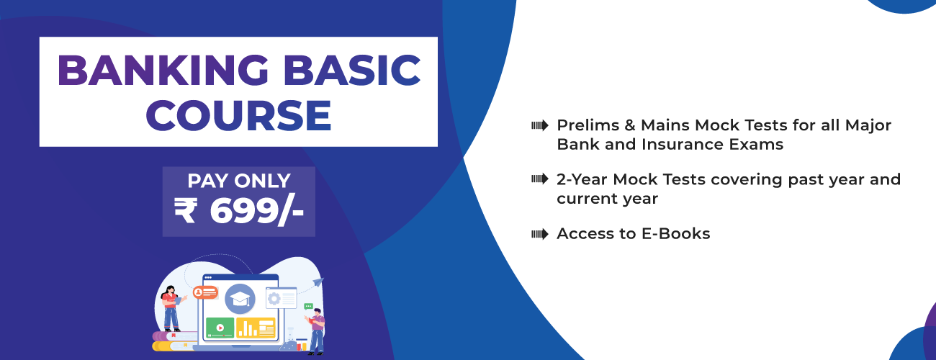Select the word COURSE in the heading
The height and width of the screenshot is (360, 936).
tap(238, 115)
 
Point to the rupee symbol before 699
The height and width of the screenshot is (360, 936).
tap(185, 210)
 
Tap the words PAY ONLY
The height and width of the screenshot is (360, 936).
tap(238, 181)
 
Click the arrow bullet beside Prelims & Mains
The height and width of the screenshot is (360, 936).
tap(539, 125)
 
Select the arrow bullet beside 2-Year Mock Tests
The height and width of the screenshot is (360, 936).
tap(539, 179)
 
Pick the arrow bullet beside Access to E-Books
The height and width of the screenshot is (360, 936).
tap(539, 233)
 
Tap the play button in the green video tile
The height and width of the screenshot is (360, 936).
tap(220, 328)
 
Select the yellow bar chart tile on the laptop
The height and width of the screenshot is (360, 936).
tap(256, 328)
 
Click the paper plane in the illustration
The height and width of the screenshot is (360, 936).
tap(318, 282)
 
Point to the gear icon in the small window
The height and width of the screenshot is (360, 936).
tap(273, 297)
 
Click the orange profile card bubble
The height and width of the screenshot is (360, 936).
tap(205, 292)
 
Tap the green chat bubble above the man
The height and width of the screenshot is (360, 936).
tap(309, 307)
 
